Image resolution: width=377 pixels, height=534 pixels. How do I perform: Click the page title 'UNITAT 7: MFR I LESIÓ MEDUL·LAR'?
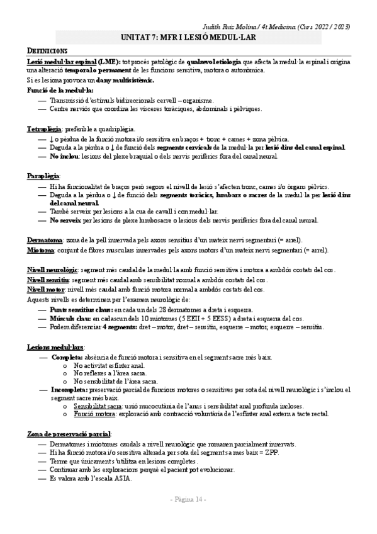[188, 38]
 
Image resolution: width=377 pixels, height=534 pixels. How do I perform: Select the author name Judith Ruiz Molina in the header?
[232, 26]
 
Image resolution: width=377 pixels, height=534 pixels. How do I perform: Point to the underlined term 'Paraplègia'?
[42, 174]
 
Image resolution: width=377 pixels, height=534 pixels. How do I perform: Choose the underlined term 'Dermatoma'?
[44, 240]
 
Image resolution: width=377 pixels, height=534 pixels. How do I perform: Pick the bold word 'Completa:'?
[67, 357]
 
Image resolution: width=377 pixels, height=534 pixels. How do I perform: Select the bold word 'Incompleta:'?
[71, 390]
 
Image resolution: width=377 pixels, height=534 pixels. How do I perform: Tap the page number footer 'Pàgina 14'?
[188, 499]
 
